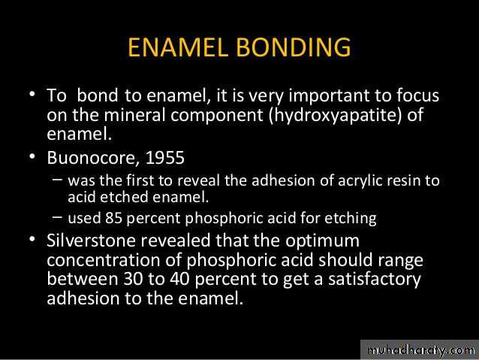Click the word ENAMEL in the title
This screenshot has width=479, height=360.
coord(178,47)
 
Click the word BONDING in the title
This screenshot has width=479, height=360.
coord(294,47)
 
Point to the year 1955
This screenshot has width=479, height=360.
coord(165,158)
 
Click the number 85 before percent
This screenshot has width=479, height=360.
coord(113,218)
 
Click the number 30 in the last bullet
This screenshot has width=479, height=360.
coord(133,279)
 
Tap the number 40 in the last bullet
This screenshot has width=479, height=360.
coord(179,279)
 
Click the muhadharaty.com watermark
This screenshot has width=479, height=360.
coord(420,350)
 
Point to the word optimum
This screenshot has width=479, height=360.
coord(322,241)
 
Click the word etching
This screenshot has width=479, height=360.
coord(351,219)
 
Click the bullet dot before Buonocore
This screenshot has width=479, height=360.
coord(32,156)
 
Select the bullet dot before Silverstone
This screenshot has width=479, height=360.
coord(32,239)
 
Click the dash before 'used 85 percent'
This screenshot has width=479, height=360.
coord(57,217)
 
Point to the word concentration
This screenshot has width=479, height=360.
coord(104,260)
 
